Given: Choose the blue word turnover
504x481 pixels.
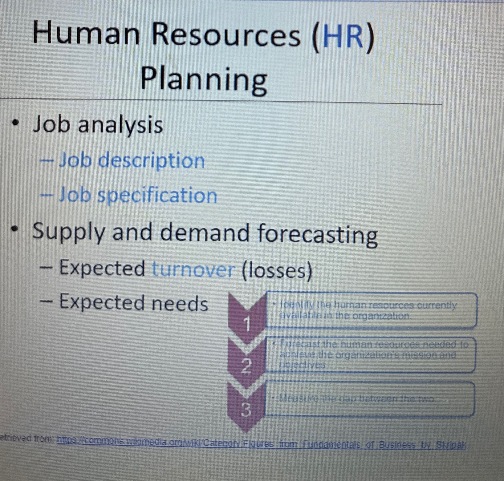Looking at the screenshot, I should pos(194,269).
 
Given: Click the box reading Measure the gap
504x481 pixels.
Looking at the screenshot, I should pos(369,399).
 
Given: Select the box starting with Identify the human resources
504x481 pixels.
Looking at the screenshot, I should pos(372,310).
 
